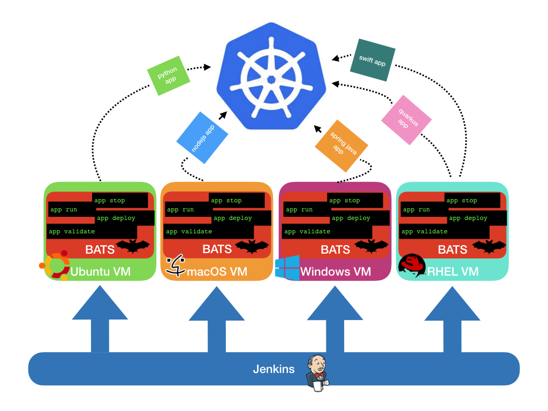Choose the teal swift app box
point(372,63)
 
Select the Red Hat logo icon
point(411,264)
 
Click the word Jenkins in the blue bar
point(273,369)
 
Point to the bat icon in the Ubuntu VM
point(133,247)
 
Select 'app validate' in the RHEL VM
point(425,232)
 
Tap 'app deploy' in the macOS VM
point(232,218)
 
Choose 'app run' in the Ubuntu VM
point(64,210)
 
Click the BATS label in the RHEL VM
point(452,249)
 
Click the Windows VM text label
point(335,272)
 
